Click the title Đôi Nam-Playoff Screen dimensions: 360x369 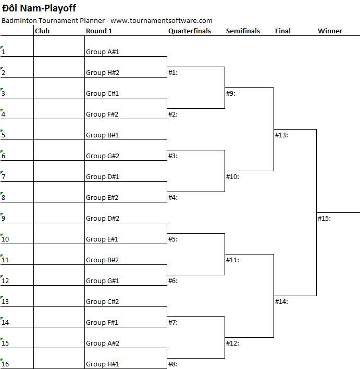click(39, 8)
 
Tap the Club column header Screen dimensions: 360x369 click(42, 31)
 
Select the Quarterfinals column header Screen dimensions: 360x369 click(190, 31)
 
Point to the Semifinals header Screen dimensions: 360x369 click(243, 31)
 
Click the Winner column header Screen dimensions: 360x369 click(330, 31)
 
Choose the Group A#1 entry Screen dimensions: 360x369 click(103, 52)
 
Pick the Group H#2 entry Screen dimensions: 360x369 click(103, 72)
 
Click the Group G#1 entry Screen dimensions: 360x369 click(103, 281)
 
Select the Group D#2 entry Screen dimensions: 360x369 click(103, 219)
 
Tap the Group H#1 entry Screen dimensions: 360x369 click(103, 364)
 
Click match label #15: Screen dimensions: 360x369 click(324, 219)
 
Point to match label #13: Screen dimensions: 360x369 click(281, 135)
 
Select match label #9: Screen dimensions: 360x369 click(231, 94)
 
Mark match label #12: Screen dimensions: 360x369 click(232, 343)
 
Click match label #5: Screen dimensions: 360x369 click(173, 239)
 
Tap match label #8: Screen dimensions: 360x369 click(173, 364)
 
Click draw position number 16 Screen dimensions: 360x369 click(5, 364)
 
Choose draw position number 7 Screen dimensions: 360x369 click(3, 177)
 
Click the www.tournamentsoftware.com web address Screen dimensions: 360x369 click(162, 20)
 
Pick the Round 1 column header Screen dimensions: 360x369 click(99, 31)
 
